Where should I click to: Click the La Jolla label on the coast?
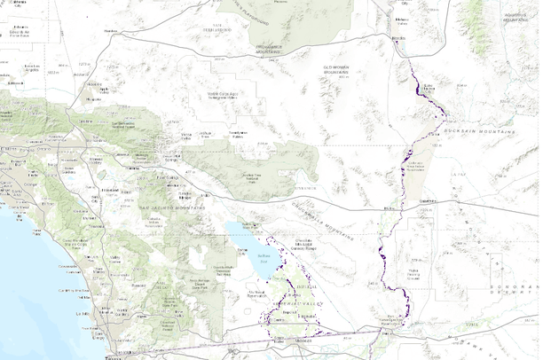click(84, 314)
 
